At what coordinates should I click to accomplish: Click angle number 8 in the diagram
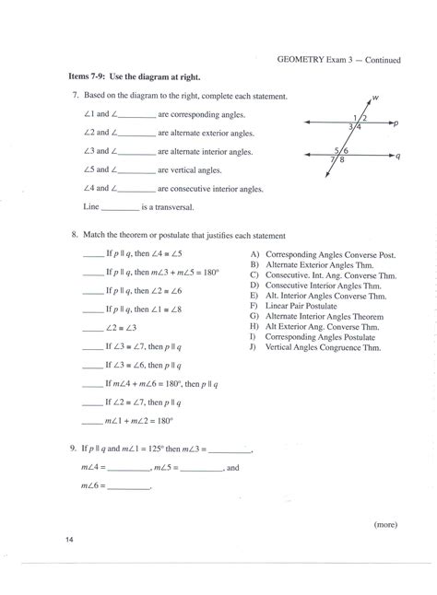point(343,160)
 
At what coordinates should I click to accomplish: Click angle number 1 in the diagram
point(355,117)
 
